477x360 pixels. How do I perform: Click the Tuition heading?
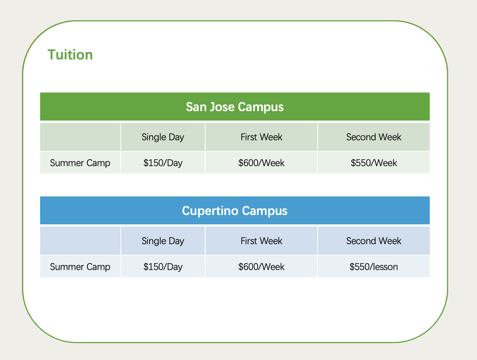coord(70,54)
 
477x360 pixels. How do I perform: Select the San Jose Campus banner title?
coord(235,107)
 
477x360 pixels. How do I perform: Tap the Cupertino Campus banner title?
coord(235,211)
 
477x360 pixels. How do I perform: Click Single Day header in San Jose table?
coord(163,137)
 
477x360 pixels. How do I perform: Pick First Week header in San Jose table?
coord(261,137)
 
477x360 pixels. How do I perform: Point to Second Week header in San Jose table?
coord(373,137)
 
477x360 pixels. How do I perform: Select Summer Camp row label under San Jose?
coord(80,163)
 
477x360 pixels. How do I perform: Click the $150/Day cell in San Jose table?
coord(163,163)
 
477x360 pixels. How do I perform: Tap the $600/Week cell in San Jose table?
coord(261,163)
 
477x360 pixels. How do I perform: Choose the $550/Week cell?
coord(373,163)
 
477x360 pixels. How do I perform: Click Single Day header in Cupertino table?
coord(163,241)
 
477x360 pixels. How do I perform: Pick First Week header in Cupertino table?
coord(261,241)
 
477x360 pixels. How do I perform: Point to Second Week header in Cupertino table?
coord(373,241)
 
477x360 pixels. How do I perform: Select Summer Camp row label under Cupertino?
coord(80,267)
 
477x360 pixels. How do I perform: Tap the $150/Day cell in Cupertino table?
coord(163,267)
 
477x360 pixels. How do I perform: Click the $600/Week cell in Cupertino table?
coord(261,267)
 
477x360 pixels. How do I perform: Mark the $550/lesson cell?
coord(373,267)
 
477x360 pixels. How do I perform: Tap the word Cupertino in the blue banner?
coord(210,211)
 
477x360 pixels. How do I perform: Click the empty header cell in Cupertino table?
coord(80,241)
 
